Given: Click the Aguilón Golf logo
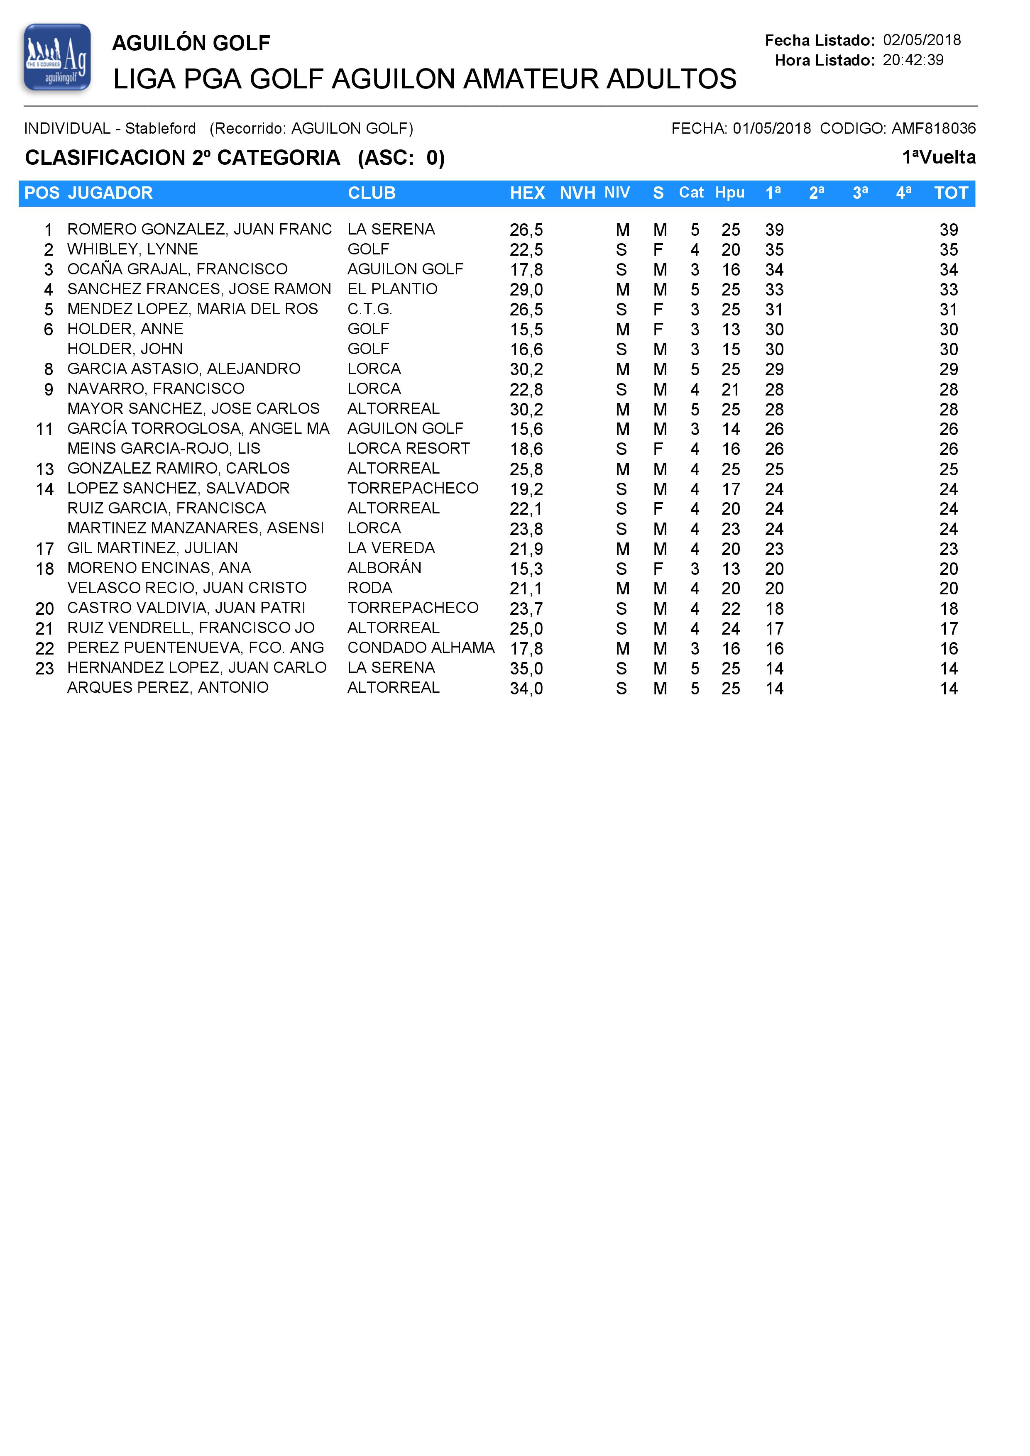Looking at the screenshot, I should point(57,57).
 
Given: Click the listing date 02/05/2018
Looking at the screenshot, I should point(922,40).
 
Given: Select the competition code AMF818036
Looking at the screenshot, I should point(934,129).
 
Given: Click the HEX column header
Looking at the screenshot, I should point(527,193).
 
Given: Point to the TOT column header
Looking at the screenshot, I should point(951,193).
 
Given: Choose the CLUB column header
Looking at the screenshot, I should point(372,193).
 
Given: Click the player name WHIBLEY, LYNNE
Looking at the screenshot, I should point(132,249).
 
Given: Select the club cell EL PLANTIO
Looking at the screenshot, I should point(392,289).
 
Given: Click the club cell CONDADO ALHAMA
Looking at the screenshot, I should point(421,647).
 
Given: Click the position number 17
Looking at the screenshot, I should point(44,549).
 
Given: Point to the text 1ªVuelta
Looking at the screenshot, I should point(939,157).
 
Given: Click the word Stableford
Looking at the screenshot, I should point(161,129).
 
